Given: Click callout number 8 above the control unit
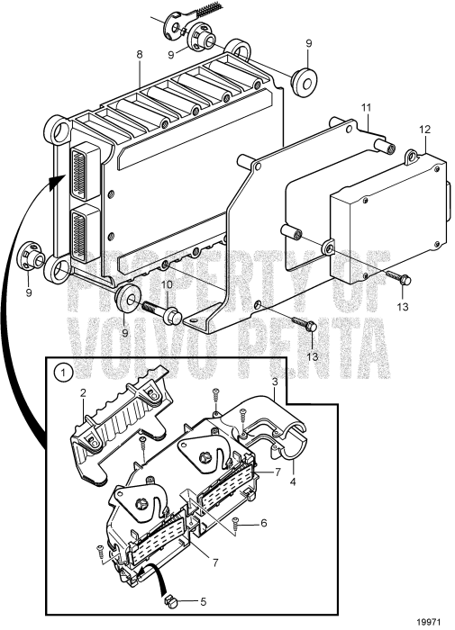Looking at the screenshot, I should point(140,55).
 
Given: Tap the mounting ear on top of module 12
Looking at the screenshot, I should point(412,157).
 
